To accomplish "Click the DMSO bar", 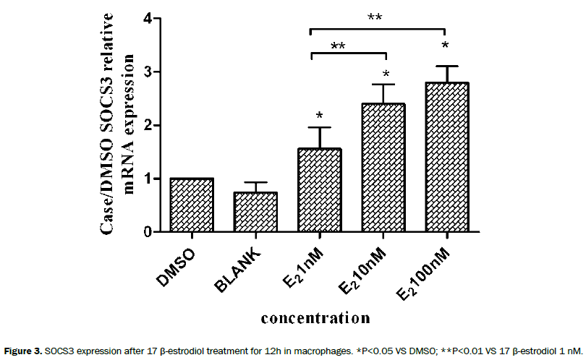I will [191, 205].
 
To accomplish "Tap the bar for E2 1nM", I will [318, 191].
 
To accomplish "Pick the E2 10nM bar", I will [383, 168].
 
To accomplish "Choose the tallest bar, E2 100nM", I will [446, 158].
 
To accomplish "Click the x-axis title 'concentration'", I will [315, 317].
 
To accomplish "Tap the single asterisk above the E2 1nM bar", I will [318, 116].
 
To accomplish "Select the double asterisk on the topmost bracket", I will [375, 17].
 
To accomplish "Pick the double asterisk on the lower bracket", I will [338, 47].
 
